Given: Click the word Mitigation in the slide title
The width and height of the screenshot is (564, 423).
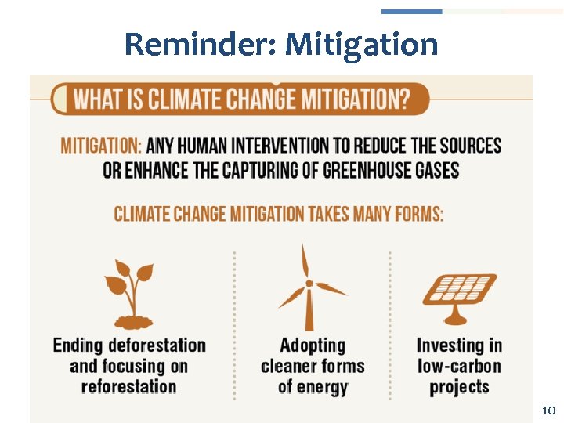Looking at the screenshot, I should click(362, 44).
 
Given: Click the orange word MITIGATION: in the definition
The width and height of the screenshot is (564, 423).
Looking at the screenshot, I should click(101, 146).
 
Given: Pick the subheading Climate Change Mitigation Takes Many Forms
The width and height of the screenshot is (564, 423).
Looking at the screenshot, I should click(279, 214).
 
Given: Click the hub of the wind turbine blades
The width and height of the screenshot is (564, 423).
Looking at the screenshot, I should click(309, 284).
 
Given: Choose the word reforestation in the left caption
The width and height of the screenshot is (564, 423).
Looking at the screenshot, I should click(128, 386).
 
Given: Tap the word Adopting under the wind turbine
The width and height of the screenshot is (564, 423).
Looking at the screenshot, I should click(313, 345).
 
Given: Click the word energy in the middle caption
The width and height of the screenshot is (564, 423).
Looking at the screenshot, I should click(323, 386).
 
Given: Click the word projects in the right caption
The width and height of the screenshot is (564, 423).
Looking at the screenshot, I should click(460, 386).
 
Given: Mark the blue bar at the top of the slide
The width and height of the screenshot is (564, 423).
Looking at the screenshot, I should click(412, 12).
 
